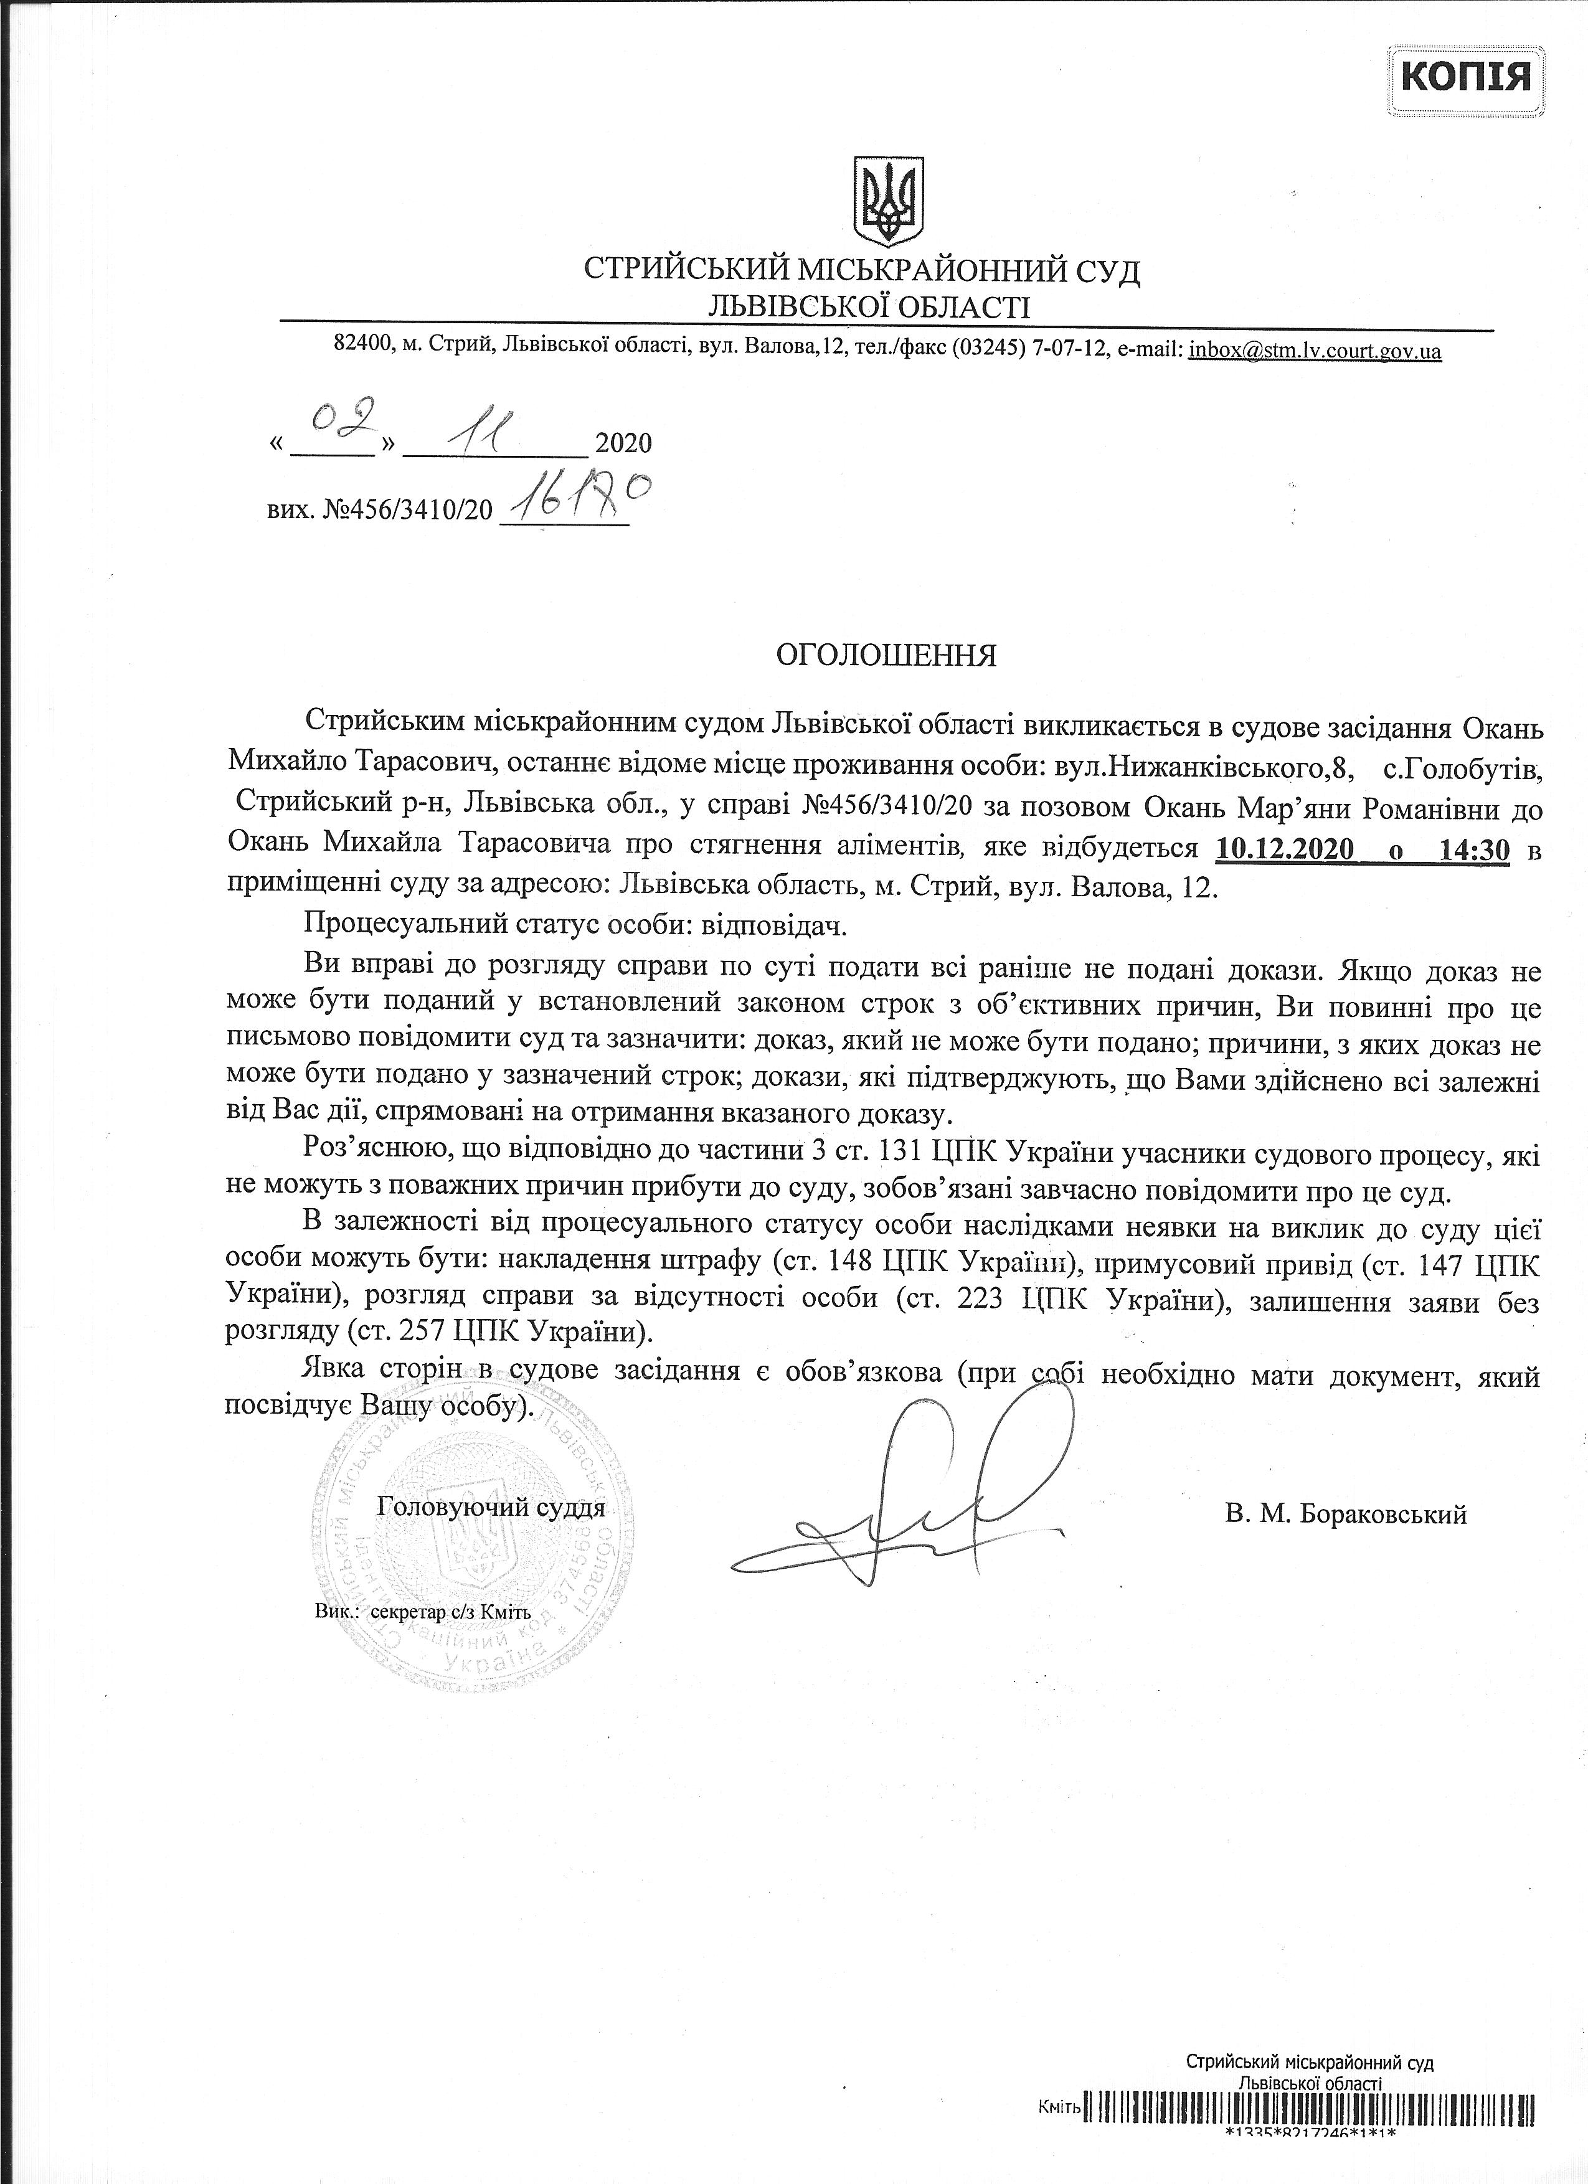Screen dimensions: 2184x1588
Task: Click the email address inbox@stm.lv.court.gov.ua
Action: click(x=1315, y=351)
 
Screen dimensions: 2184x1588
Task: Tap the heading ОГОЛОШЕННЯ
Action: click(x=887, y=656)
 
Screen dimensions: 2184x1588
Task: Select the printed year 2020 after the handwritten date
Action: click(x=624, y=443)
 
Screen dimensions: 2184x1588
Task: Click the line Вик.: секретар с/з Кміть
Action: click(x=423, y=1611)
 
